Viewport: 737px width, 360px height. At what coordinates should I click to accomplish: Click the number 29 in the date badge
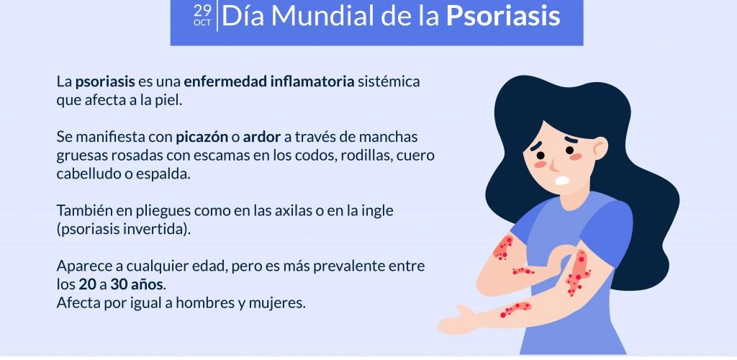pyautogui.click(x=202, y=11)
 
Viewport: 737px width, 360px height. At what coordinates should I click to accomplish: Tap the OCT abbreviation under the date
pyautogui.click(x=202, y=22)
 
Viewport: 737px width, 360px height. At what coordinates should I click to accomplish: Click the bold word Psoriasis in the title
pyautogui.click(x=503, y=17)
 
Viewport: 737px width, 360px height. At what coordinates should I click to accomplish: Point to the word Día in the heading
pyautogui.click(x=243, y=16)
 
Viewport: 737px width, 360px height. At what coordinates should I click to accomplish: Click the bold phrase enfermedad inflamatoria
pyautogui.click(x=269, y=82)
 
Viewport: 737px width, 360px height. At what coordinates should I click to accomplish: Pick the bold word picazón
pyautogui.click(x=202, y=138)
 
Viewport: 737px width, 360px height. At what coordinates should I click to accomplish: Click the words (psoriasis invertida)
pyautogui.click(x=124, y=230)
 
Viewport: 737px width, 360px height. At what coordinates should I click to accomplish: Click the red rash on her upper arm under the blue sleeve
pyautogui.click(x=503, y=248)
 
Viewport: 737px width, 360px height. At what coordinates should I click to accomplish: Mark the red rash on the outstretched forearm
pyautogui.click(x=515, y=309)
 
